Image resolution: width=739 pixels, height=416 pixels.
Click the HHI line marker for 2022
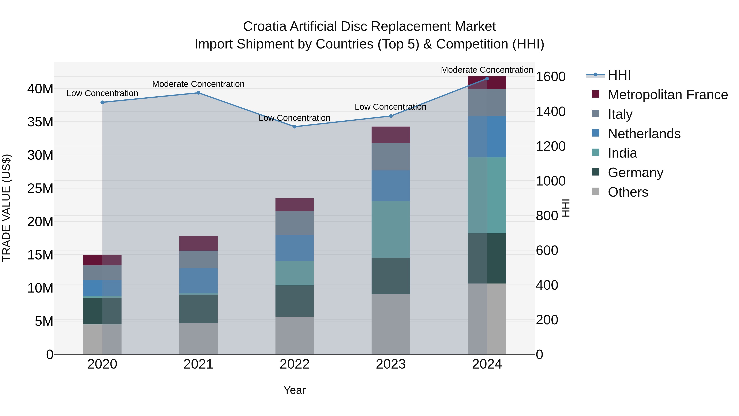click(x=294, y=127)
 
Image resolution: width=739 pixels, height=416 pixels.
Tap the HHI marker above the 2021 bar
click(x=198, y=93)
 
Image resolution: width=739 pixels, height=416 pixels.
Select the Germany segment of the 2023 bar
click(x=390, y=276)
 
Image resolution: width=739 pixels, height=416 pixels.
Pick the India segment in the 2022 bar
click(x=294, y=273)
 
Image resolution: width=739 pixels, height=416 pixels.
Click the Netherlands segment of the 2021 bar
click(x=198, y=281)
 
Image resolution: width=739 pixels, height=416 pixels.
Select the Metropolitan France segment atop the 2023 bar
click(x=390, y=135)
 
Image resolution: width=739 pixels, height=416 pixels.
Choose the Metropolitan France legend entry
click(x=667, y=95)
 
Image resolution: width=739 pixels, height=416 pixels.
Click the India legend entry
click(x=622, y=153)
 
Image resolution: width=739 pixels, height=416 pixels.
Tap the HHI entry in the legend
click(x=619, y=75)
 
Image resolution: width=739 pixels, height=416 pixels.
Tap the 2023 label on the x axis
click(x=390, y=364)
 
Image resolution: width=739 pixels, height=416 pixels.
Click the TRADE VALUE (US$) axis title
click(x=6, y=208)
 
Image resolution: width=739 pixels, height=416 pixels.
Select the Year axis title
click(x=294, y=390)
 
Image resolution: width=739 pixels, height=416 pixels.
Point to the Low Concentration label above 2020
click(x=102, y=93)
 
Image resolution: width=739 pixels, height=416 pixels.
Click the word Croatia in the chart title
click(x=264, y=27)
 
